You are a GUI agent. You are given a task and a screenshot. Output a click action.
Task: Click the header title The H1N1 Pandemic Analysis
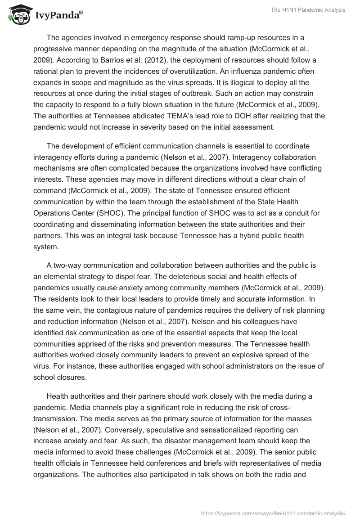point(308,10)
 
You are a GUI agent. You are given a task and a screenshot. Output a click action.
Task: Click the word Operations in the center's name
point(54,212)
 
